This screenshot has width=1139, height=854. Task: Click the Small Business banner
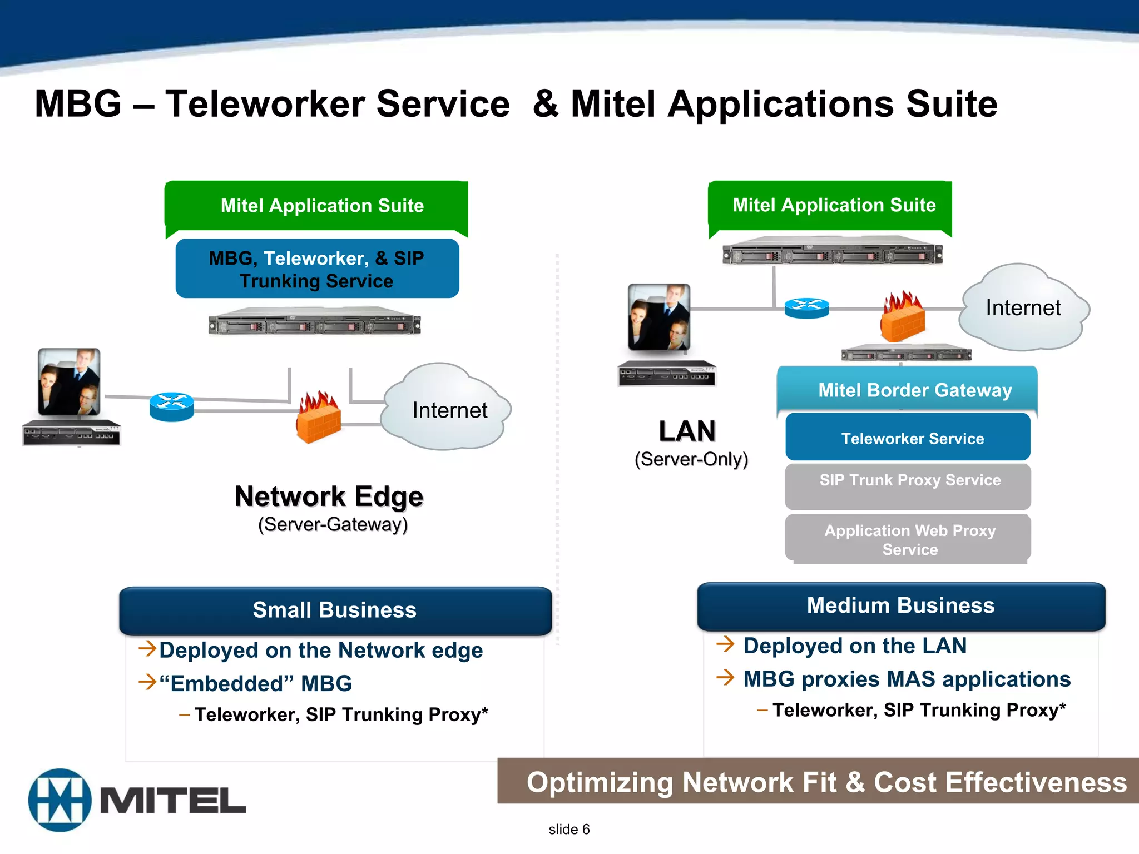pyautogui.click(x=335, y=610)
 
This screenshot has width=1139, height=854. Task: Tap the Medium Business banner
pyautogui.click(x=901, y=606)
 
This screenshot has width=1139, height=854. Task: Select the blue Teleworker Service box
pyautogui.click(x=908, y=438)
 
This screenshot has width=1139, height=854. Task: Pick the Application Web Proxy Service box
pyautogui.click(x=908, y=539)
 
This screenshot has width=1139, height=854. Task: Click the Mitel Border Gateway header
pyautogui.click(x=908, y=390)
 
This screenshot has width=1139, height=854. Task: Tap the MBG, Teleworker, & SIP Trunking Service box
pyautogui.click(x=317, y=269)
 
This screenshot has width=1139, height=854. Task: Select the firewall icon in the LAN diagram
pyautogui.click(x=902, y=317)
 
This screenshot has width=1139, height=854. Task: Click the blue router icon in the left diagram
pyautogui.click(x=171, y=407)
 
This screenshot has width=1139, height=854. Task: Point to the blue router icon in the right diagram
pyautogui.click(x=806, y=307)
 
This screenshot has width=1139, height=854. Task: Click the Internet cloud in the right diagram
pyautogui.click(x=1023, y=307)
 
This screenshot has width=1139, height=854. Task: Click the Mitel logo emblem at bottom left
pyautogui.click(x=60, y=800)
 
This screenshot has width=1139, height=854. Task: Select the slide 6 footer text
pyautogui.click(x=569, y=829)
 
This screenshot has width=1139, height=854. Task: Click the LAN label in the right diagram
pyautogui.click(x=687, y=431)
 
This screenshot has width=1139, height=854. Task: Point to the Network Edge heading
pyautogui.click(x=329, y=496)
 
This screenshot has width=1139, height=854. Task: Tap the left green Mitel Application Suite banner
pyautogui.click(x=317, y=206)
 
